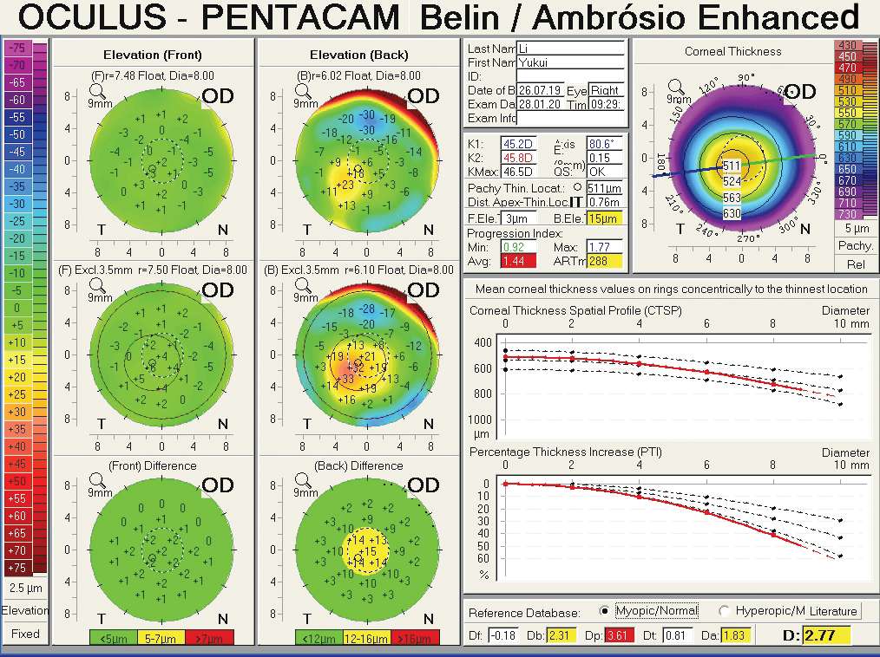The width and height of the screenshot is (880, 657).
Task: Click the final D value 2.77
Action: coord(825,635)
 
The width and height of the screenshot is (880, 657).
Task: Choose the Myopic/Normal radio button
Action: coord(605,610)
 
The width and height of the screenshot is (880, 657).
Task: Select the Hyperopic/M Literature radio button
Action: coord(723,610)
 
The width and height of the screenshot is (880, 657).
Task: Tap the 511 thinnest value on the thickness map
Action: coord(732,166)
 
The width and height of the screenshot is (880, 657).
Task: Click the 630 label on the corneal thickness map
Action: coord(732,213)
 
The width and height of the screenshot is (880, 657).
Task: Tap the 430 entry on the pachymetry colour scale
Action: coord(846,45)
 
